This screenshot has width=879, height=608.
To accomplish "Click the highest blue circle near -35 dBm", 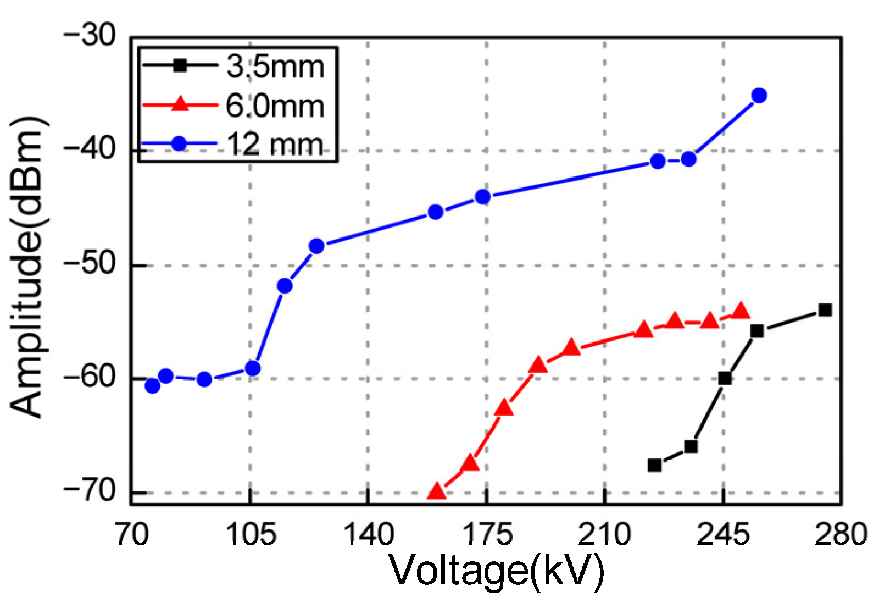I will tap(759, 96).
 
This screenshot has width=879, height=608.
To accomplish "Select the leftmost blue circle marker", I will tap(152, 386).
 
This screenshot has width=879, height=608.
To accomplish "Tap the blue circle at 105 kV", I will tap(252, 368).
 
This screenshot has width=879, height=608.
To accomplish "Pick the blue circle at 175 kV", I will tap(483, 197).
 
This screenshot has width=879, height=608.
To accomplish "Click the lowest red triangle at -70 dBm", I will tap(436, 491).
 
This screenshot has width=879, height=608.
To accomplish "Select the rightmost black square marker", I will tap(825, 310).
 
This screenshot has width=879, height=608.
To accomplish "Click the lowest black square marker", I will tap(654, 465).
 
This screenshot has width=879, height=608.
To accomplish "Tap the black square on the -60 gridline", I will tap(725, 378).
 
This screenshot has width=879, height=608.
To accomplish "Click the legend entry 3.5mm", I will tap(275, 67).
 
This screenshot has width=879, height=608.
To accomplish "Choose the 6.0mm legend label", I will tap(275, 106).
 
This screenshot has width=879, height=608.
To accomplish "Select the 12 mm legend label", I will tap(275, 145).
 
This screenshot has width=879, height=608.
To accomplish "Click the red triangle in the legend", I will tap(180, 104).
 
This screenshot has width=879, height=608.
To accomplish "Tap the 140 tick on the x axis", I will tap(368, 534).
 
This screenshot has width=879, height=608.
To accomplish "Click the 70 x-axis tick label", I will tap(132, 534).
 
